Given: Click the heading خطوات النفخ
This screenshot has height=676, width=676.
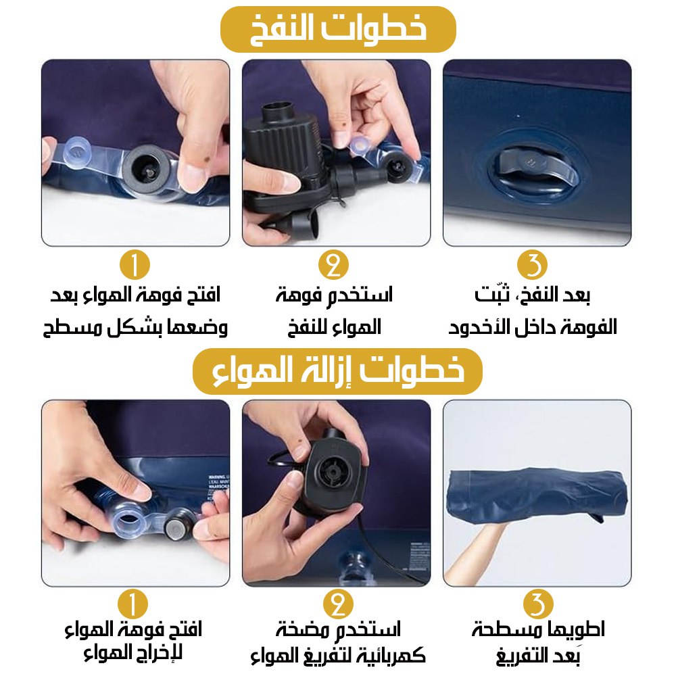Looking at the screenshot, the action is tap(338, 29).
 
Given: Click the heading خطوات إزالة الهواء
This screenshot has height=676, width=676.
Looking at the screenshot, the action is tap(337, 371).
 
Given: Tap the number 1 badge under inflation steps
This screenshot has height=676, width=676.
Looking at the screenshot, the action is tap(135, 265).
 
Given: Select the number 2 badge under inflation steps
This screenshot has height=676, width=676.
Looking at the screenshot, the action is tap(334, 265).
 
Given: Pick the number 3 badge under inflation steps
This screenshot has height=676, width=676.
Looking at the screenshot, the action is tap(532, 265).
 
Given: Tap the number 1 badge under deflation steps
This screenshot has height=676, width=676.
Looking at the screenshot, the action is tap(132, 604).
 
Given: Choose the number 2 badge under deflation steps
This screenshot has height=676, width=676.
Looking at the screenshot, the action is tap(338, 604).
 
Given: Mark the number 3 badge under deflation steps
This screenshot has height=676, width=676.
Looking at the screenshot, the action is tap(538, 604).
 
